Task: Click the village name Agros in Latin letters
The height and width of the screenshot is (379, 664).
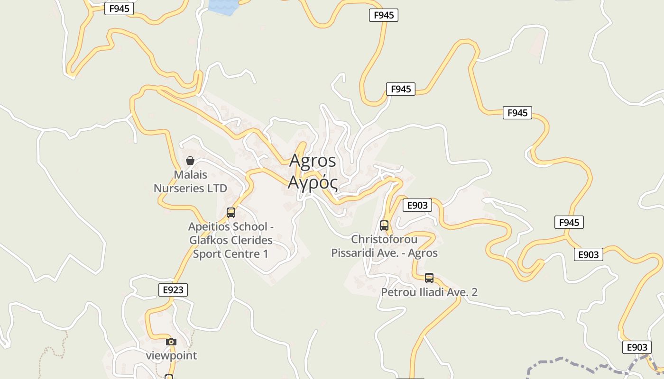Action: point(313,161)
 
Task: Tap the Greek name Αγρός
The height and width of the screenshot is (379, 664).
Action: point(313,182)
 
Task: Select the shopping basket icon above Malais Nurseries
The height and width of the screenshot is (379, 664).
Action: point(190,161)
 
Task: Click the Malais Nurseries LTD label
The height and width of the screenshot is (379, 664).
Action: point(190,181)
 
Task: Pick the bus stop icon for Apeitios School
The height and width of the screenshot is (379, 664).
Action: point(231,213)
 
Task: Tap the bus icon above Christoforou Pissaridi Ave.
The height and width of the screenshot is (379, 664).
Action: point(384,226)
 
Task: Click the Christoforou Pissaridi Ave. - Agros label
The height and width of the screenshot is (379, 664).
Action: point(384,246)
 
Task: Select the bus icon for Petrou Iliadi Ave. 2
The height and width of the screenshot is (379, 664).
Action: point(429,278)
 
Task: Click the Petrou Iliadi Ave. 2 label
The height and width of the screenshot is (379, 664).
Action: point(429,292)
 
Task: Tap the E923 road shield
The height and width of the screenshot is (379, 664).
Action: point(173,290)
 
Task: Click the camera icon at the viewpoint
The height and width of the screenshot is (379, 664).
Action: point(171,342)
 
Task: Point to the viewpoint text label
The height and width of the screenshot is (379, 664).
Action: point(171,355)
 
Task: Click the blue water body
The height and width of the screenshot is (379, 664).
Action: point(223,6)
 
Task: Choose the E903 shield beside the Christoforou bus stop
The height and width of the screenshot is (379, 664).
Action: point(417,205)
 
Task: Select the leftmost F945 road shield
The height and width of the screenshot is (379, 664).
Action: point(119,9)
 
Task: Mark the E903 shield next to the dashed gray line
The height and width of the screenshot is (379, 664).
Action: point(636,347)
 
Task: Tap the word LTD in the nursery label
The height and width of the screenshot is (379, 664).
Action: point(217,188)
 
